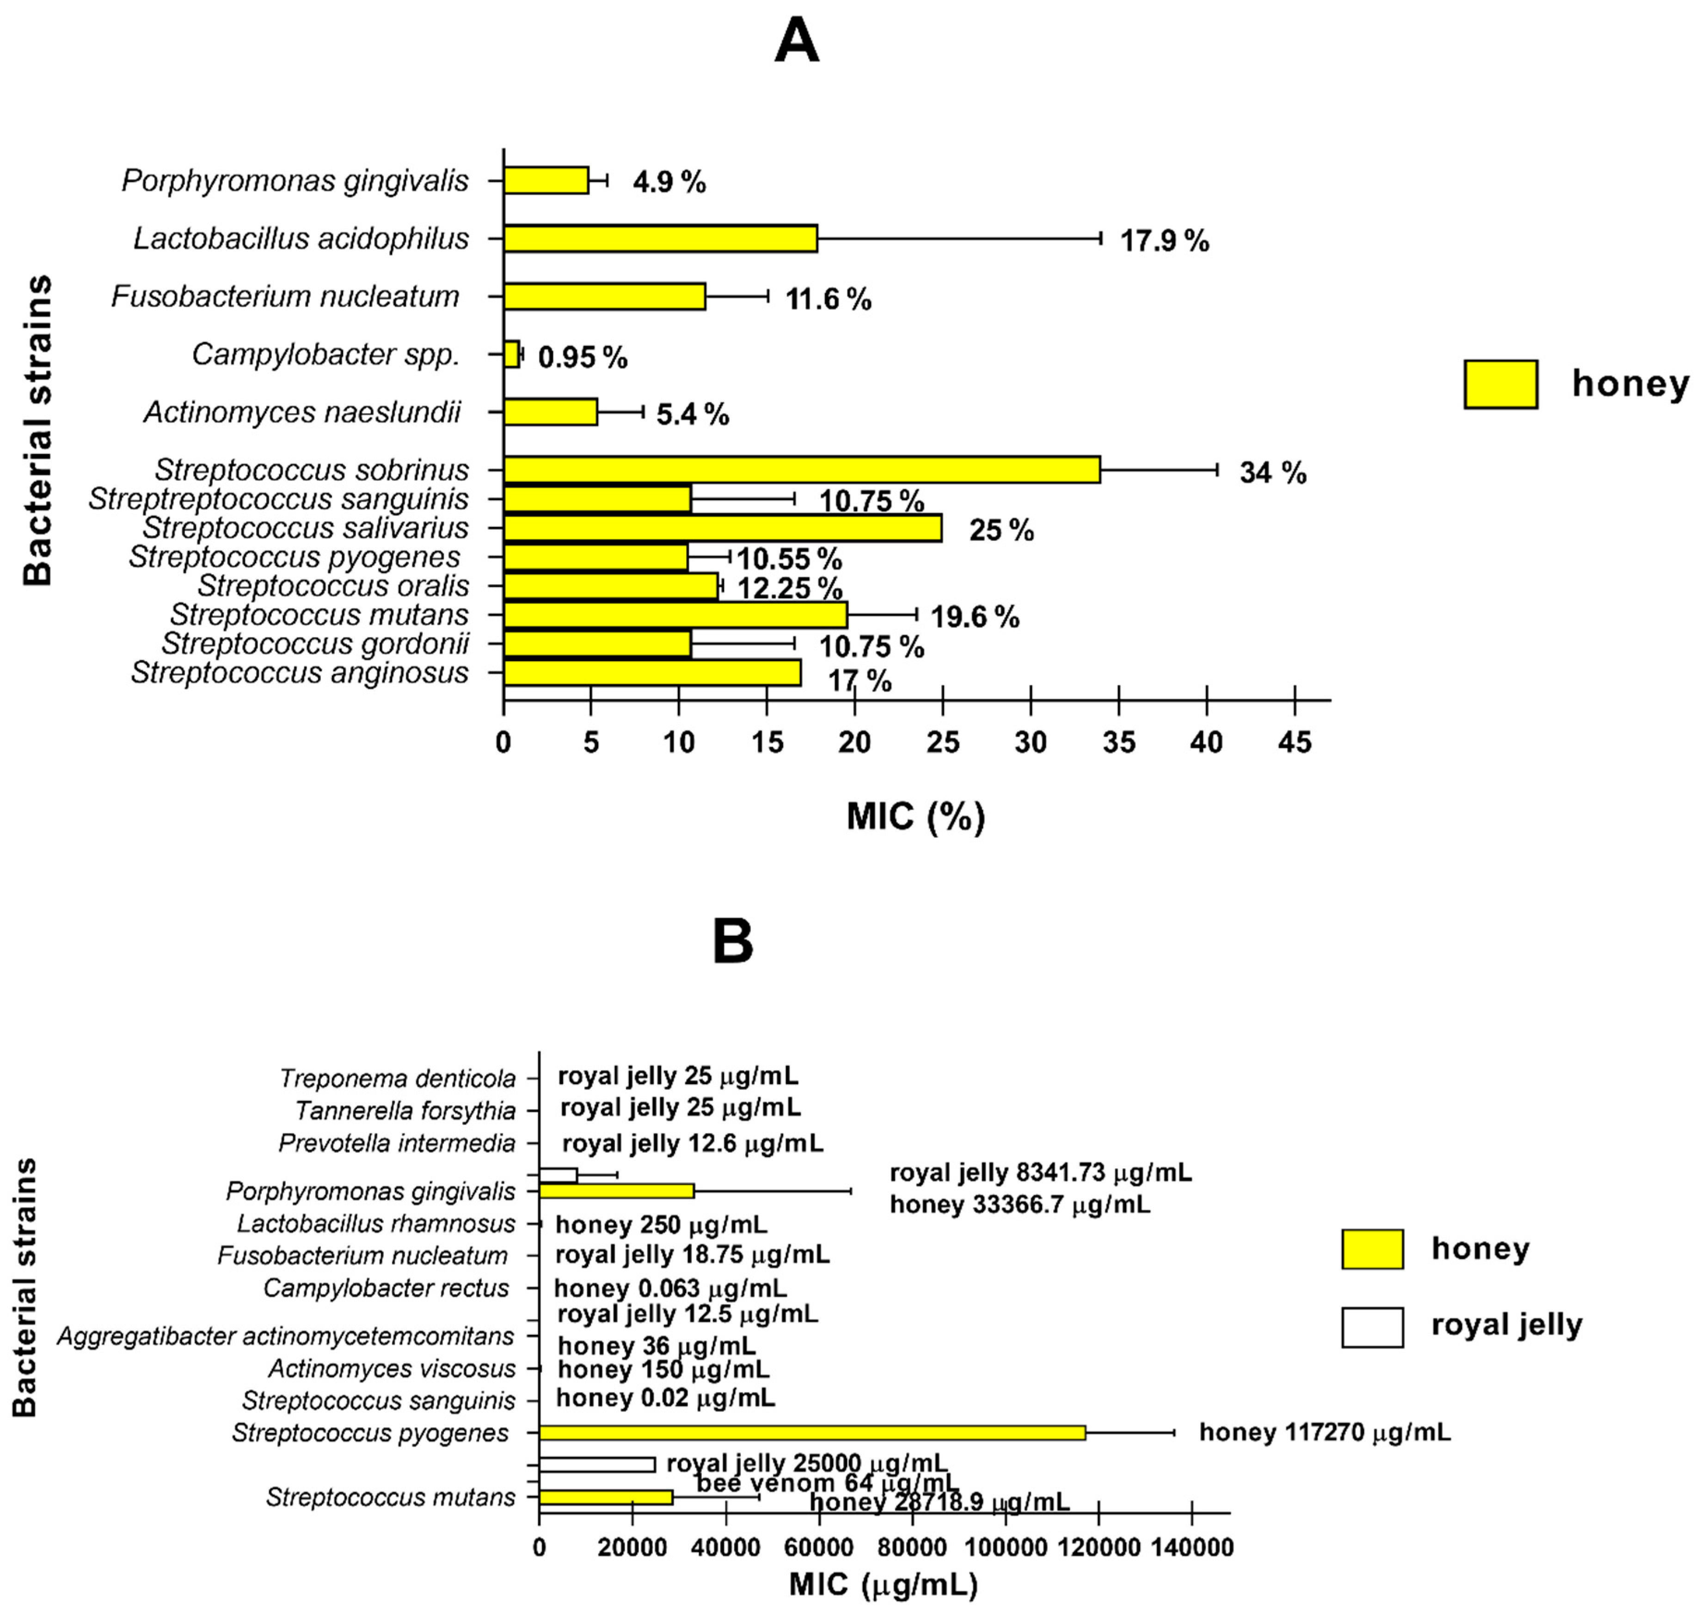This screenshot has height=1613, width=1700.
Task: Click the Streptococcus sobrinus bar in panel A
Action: pos(801,469)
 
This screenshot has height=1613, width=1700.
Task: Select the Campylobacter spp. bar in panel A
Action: pos(512,354)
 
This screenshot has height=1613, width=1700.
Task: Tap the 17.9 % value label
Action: pos(1164,241)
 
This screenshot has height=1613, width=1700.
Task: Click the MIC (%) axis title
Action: pos(915,816)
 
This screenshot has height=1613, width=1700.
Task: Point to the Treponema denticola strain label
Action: pos(397,1078)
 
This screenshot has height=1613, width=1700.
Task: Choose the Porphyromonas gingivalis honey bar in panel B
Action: pos(616,1191)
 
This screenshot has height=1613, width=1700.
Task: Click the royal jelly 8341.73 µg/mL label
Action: pos(1040,1173)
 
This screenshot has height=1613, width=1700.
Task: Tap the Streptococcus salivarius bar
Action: pos(722,528)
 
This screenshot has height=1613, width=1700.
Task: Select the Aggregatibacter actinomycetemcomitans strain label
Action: pos(285,1336)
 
